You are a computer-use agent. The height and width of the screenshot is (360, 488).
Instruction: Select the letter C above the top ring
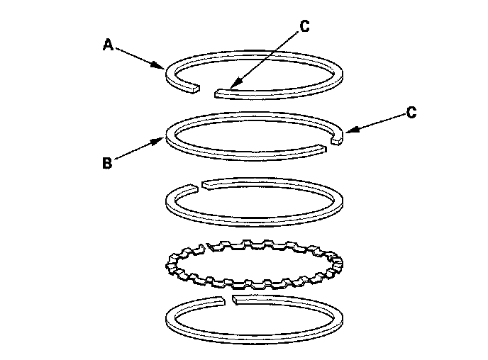304,26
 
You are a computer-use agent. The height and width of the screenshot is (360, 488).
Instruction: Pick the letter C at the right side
412,112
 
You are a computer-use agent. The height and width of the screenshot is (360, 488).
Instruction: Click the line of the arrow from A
138,57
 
